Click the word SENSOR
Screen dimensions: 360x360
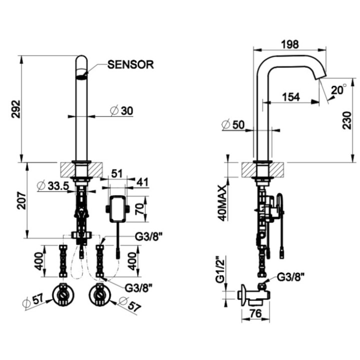130,64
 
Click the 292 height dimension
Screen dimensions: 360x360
15,108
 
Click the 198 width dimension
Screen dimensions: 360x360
289,44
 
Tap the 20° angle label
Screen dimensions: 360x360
338,90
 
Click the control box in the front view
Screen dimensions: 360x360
117,209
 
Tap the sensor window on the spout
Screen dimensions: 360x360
81,76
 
